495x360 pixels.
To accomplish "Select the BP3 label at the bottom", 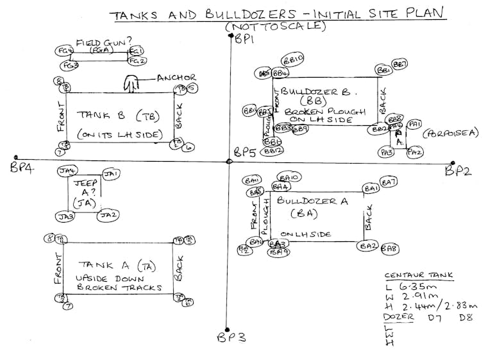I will click(228, 338).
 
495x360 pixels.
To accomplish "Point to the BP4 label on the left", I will click(22, 167).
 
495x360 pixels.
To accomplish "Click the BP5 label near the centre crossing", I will click(244, 153).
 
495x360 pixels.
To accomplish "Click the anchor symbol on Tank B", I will click(131, 83).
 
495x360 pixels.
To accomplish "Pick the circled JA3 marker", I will click(65, 217).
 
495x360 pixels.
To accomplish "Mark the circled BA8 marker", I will click(390, 248).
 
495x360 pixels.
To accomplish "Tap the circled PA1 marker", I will click(414, 124).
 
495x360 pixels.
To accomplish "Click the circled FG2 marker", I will click(137, 61).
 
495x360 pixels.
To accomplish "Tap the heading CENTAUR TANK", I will click(419, 275).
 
